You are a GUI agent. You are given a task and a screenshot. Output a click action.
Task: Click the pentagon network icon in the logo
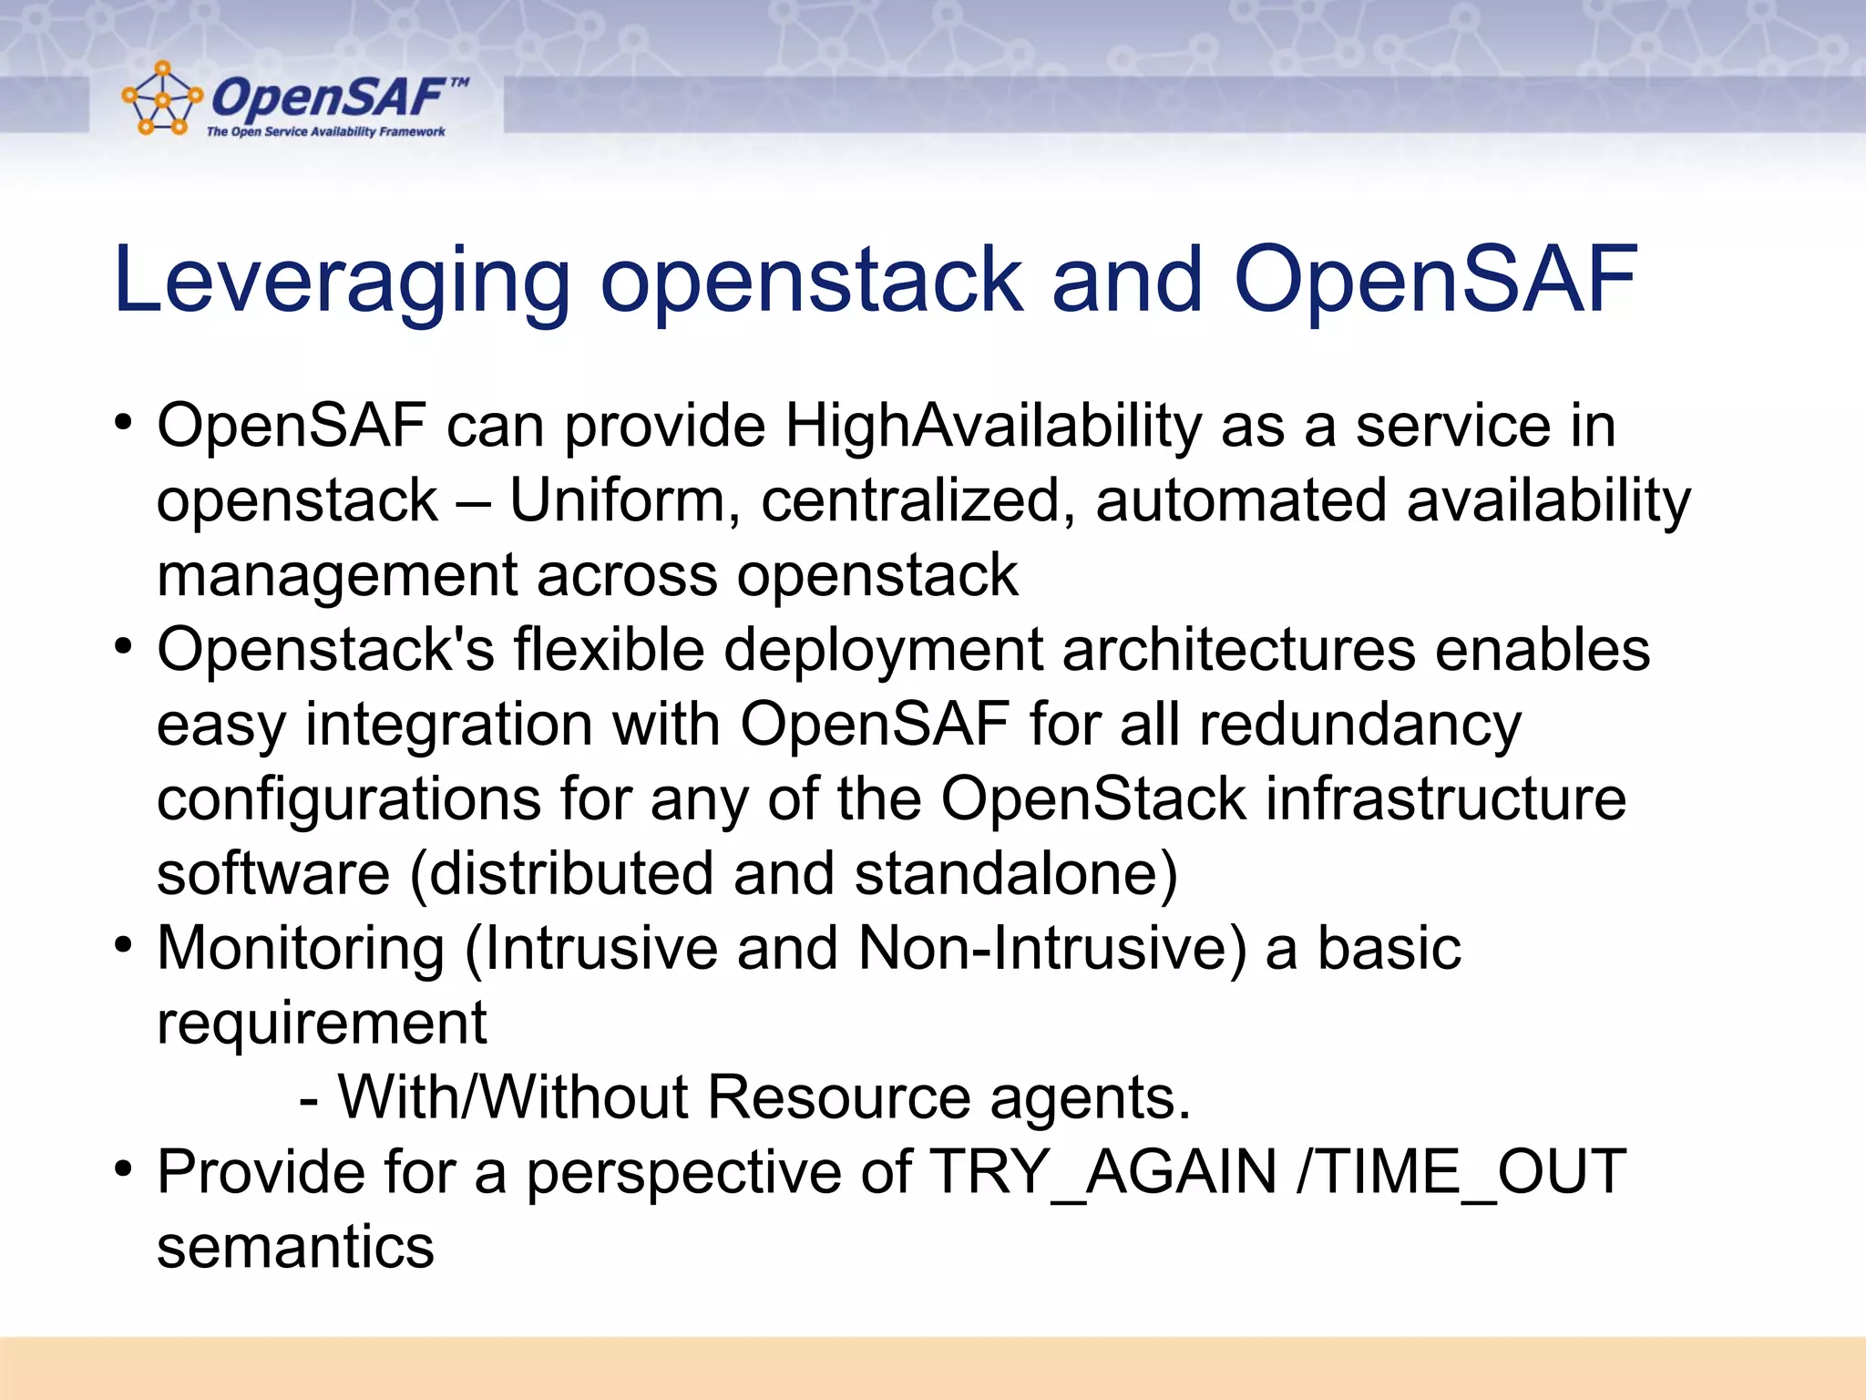161,99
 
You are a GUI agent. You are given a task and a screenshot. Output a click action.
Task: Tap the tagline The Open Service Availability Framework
325,132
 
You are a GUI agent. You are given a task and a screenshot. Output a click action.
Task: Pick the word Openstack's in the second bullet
325,650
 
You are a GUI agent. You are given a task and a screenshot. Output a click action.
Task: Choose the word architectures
1238,650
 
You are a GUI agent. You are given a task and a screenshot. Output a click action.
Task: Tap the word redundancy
1359,726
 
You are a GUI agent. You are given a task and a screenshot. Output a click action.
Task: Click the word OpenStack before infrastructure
1092,799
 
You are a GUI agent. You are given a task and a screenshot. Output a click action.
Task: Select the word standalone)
1016,874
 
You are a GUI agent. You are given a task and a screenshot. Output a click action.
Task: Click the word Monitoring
301,949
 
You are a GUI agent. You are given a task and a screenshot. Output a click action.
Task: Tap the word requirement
322,1024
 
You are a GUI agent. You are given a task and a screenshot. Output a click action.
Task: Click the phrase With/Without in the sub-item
512,1097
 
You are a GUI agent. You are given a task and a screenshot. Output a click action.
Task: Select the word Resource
838,1097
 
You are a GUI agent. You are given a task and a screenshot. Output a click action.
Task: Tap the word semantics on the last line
295,1248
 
